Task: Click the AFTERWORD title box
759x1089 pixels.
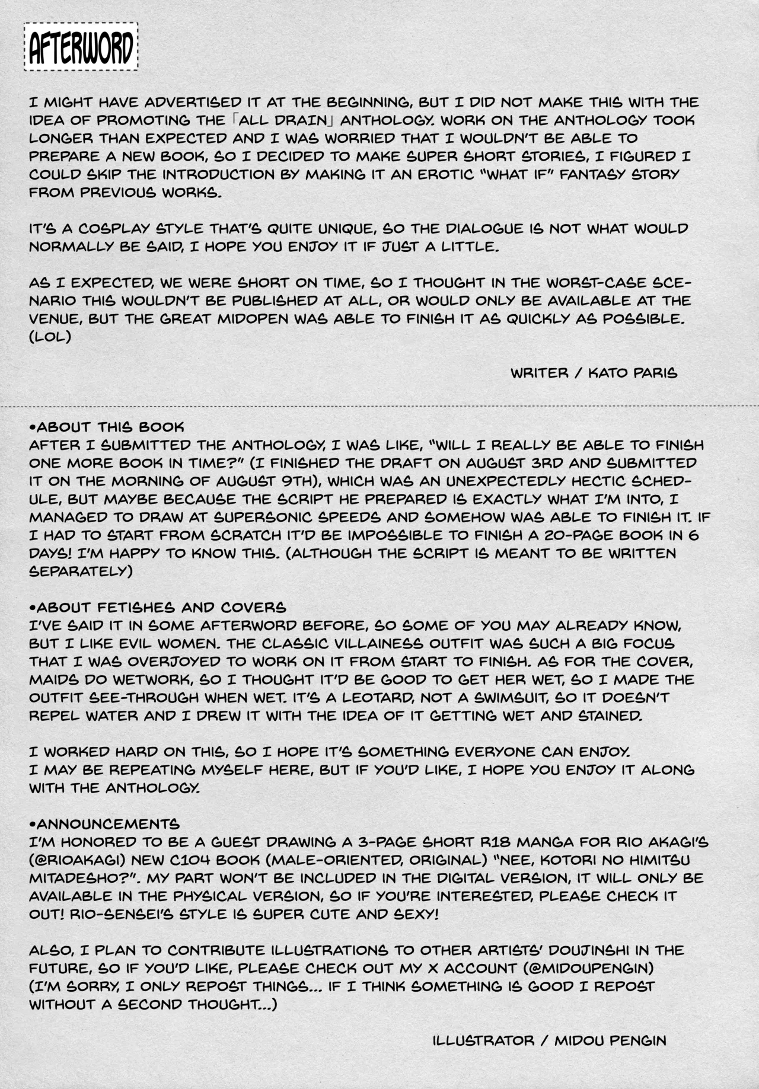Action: (x=81, y=47)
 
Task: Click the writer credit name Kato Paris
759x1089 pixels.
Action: (x=633, y=373)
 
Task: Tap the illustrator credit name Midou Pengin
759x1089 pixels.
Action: (x=611, y=1040)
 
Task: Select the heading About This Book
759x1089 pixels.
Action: (x=107, y=427)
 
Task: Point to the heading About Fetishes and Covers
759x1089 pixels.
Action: (x=158, y=607)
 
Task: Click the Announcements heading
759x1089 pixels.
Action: (x=104, y=823)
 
